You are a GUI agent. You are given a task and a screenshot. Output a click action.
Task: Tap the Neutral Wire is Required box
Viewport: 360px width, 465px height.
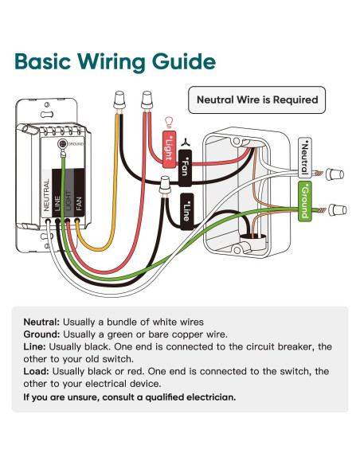pos(256,100)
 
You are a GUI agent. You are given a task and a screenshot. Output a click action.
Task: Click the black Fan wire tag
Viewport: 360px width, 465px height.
pos(185,168)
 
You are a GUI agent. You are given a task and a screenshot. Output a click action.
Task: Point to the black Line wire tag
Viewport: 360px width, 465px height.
pos(187,212)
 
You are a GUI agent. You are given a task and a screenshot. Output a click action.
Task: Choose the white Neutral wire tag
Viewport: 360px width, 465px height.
pos(305,158)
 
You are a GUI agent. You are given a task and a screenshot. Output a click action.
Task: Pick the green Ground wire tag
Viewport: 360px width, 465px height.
pos(305,201)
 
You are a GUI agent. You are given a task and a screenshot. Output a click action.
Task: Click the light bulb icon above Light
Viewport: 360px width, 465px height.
pos(169,122)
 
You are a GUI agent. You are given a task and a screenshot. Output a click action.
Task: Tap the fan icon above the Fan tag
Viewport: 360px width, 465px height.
pos(186,143)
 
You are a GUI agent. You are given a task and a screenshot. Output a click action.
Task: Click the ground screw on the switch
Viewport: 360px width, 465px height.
pos(62,144)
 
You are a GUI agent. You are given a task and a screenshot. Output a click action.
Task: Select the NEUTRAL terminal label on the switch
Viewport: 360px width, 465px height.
pos(46,195)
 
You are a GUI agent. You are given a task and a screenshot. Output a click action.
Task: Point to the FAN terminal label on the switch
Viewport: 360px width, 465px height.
pos(79,204)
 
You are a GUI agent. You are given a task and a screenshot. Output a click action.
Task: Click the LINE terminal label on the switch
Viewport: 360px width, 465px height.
pos(57,203)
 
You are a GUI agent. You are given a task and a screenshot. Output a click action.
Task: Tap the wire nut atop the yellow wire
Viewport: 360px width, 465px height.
pos(119,100)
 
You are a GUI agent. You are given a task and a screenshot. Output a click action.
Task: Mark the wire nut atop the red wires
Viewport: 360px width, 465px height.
pos(147,100)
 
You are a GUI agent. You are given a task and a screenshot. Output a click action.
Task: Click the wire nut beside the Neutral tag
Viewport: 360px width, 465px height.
pos(335,174)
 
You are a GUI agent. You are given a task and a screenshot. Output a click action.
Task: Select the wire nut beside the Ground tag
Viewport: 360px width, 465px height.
pos(337,210)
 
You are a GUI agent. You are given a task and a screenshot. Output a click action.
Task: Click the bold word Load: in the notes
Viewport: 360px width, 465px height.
pos(36,371)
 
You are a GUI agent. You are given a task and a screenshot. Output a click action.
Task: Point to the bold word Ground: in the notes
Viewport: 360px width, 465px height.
pos(41,334)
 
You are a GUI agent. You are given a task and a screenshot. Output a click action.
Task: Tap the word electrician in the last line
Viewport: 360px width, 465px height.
pos(211,397)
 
